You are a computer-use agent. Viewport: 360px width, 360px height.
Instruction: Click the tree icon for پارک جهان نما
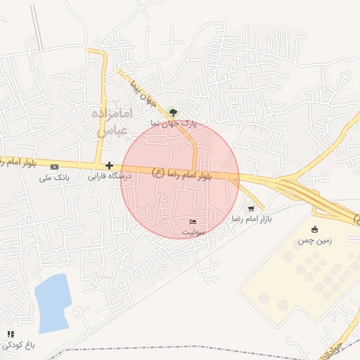(x=173, y=111)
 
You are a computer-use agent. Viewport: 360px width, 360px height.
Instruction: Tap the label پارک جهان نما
(x=173, y=122)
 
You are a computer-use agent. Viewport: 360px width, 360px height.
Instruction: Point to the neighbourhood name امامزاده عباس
(x=112, y=121)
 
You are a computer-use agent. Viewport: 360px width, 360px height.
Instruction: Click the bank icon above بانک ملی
(x=55, y=167)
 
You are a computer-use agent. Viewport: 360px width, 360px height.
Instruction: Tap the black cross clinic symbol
(x=109, y=166)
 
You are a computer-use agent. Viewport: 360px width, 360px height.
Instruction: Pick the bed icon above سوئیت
(x=193, y=222)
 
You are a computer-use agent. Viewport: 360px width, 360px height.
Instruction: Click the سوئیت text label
(x=193, y=231)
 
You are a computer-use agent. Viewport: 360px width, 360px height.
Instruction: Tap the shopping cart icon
(x=251, y=209)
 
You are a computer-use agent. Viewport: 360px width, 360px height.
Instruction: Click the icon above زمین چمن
(x=314, y=229)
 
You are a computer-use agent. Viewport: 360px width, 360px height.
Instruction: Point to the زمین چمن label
(x=313, y=240)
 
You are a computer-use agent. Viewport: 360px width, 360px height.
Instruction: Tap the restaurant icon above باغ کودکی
(x=10, y=334)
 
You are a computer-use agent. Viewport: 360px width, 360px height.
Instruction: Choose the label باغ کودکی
(x=18, y=345)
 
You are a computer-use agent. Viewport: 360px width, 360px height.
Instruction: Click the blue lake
(x=53, y=302)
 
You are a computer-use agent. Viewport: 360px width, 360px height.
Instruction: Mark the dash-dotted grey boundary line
(x=211, y=347)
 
